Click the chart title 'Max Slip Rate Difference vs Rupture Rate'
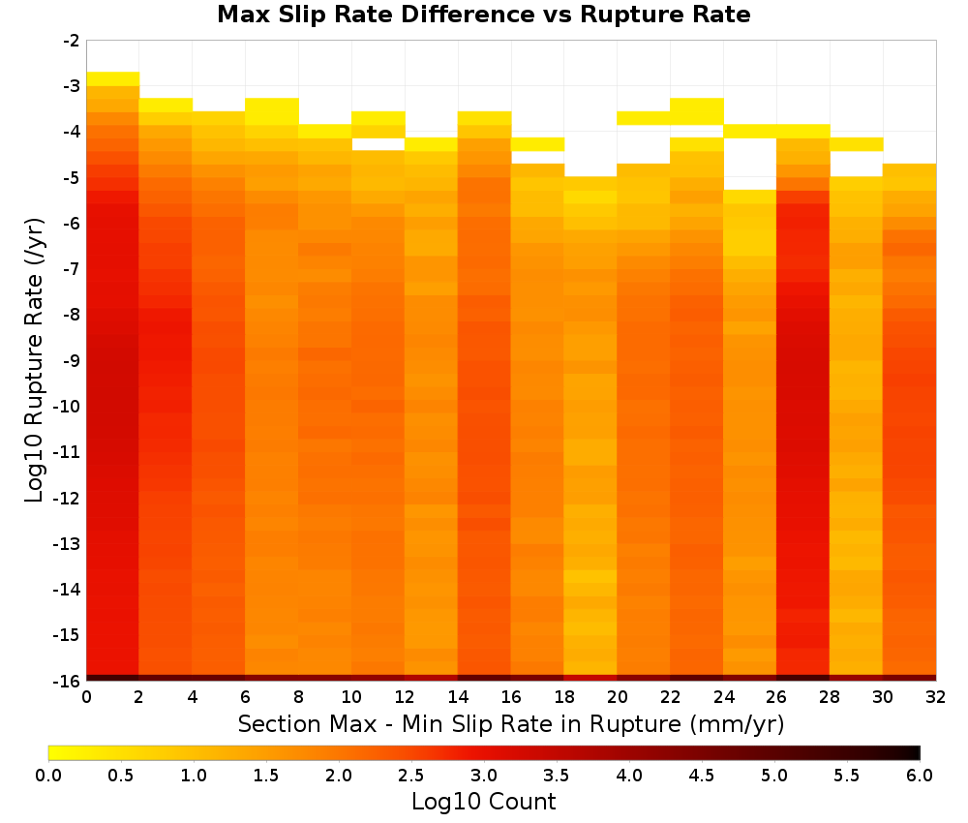point(483,15)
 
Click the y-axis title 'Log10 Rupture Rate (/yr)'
point(34,360)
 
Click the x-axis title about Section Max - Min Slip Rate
point(510,723)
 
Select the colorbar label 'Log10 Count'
point(483,802)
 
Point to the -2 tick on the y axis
point(72,41)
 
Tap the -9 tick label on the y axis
point(72,360)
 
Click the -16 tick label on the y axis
point(68,681)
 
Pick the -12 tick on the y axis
point(68,498)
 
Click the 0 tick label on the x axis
point(86,697)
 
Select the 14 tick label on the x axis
point(458,697)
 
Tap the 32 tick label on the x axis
point(935,697)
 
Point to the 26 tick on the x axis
point(776,697)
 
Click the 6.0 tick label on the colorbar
point(920,775)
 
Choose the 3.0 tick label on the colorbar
point(484,775)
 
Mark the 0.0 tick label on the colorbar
point(48,775)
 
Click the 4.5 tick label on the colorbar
point(702,775)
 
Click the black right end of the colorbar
point(918,752)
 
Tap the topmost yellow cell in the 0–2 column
point(113,79)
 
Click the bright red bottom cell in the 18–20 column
point(590,678)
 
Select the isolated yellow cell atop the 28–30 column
point(857,144)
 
